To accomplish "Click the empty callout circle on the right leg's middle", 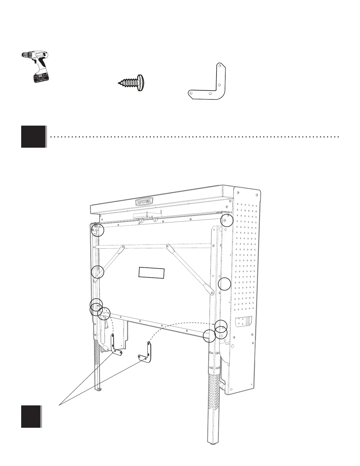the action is point(225,284).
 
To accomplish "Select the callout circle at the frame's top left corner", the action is point(98,230).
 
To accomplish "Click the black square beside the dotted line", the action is point(34,137).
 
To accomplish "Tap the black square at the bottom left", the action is point(31,416).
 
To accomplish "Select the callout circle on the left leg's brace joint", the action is point(98,272).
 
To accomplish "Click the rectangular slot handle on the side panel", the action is point(244,322).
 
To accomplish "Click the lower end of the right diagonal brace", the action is point(211,292).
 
